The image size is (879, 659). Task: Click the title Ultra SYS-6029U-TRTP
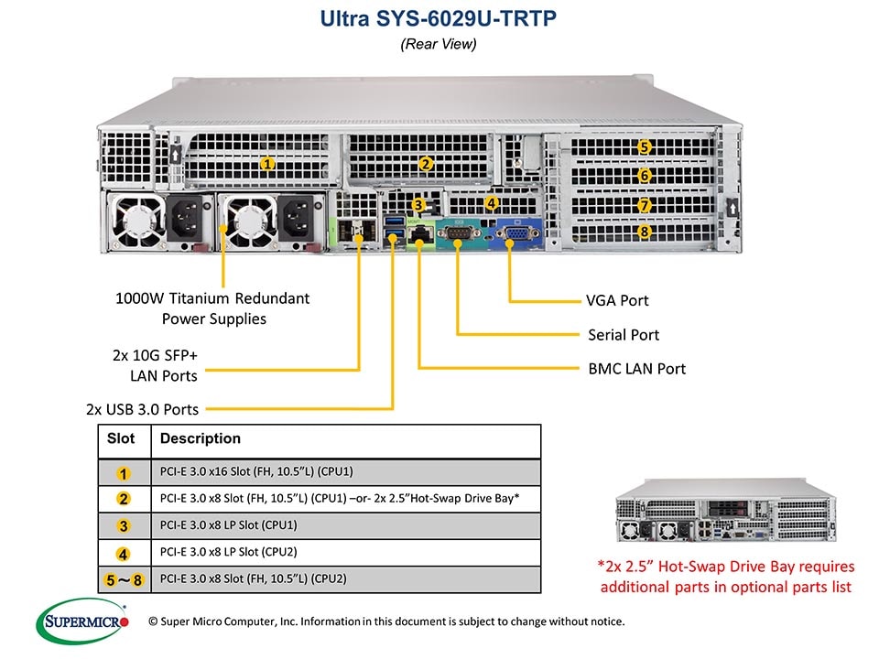coord(439,19)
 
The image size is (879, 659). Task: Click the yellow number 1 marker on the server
coord(267,164)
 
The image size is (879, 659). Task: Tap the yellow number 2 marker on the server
coord(425,164)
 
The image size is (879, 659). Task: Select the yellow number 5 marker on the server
coord(645,146)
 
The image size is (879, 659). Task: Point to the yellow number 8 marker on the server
coord(645,232)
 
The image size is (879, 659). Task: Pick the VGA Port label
coord(617,300)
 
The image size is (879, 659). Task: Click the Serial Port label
coord(623,335)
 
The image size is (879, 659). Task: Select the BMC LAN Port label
coord(636,369)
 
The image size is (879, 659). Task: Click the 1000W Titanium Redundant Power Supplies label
coord(212,308)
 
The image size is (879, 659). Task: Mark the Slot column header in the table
coord(121,439)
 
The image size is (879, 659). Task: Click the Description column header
coord(200,439)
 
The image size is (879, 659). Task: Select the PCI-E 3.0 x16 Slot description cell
coord(256,472)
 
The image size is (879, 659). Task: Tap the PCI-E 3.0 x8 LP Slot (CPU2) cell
coord(228,552)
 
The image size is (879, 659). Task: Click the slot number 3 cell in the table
coord(125,525)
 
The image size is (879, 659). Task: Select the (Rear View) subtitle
coord(439,43)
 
